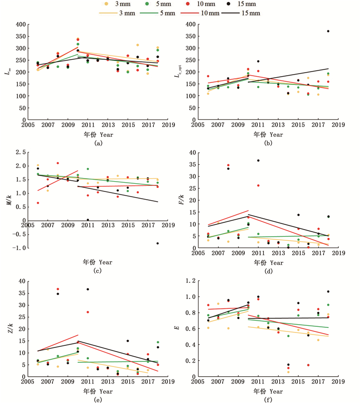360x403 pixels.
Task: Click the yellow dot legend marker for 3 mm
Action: click(x=105, y=4)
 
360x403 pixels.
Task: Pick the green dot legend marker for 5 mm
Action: click(x=147, y=4)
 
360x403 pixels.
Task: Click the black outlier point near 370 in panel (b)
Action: click(x=328, y=31)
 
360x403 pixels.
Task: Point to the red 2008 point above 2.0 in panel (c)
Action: click(x=58, y=163)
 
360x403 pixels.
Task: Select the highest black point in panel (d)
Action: click(x=258, y=161)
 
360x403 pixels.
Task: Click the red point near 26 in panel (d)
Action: click(x=258, y=185)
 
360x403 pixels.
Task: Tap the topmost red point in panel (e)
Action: click(x=58, y=289)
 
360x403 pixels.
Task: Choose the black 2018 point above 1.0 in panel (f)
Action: click(x=328, y=292)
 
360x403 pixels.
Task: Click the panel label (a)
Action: click(x=98, y=144)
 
